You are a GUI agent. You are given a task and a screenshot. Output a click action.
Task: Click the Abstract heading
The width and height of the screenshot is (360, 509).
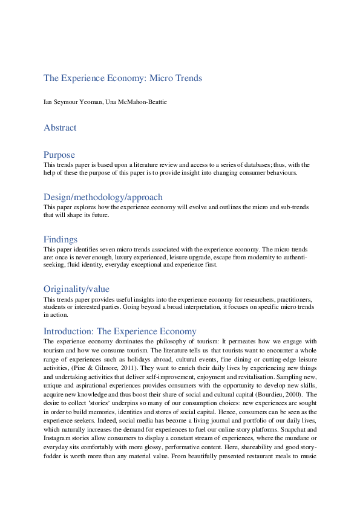60,128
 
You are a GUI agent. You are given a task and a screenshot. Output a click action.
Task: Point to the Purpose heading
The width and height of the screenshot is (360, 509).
59,155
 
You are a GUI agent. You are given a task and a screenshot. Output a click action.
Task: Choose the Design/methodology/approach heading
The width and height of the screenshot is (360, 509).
103,197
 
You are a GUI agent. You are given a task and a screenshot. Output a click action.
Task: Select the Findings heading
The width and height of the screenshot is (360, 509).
60,239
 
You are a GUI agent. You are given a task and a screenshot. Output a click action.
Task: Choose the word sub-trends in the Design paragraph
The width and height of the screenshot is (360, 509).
292,207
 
